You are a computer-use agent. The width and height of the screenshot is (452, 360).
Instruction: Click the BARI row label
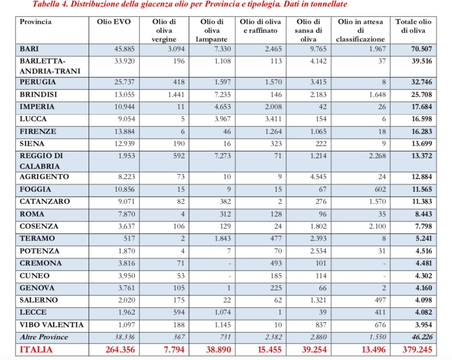(x=30, y=49)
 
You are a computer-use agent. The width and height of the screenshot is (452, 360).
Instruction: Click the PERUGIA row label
(x=38, y=82)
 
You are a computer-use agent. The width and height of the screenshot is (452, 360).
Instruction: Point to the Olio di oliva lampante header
(x=212, y=31)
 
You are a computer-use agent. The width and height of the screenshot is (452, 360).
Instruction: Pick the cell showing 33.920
(x=123, y=61)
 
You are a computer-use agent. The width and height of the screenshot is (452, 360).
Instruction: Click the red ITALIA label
(x=36, y=349)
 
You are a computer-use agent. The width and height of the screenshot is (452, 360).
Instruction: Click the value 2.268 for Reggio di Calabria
(x=375, y=156)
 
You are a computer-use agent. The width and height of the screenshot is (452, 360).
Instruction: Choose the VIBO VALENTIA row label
(x=52, y=325)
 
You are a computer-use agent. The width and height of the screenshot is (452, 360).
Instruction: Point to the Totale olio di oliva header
(x=413, y=26)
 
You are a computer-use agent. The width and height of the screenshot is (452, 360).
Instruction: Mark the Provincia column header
(x=36, y=22)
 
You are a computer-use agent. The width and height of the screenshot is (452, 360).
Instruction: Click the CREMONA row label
(x=41, y=263)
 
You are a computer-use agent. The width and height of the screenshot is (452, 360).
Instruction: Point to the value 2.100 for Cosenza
(x=375, y=226)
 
